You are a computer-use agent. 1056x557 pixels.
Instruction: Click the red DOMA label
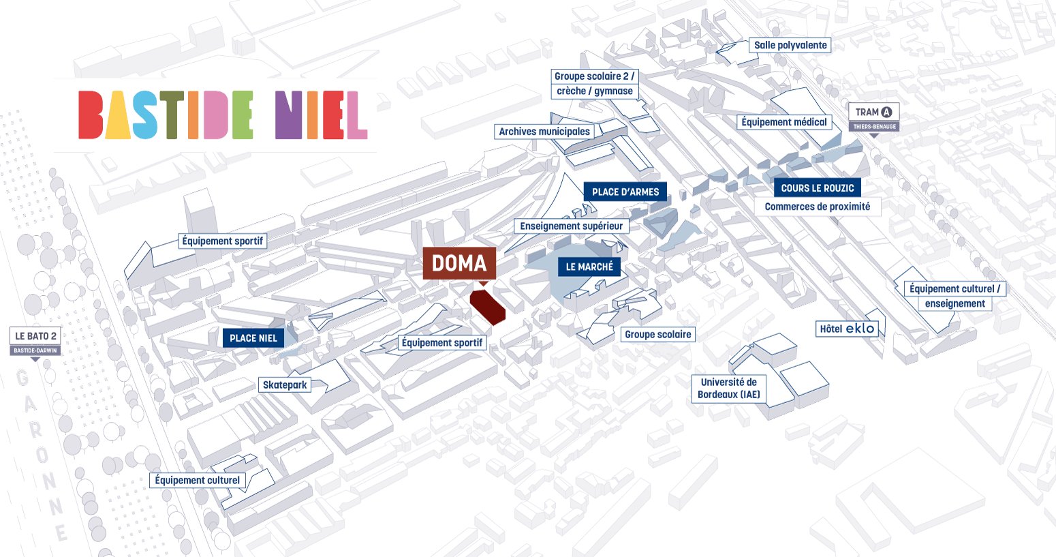tap(459, 263)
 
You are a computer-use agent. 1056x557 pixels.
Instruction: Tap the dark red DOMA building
tap(487, 307)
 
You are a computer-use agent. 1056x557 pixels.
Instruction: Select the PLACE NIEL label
tap(253, 338)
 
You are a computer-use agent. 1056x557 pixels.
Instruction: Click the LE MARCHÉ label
tap(589, 267)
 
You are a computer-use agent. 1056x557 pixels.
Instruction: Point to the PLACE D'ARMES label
tap(625, 192)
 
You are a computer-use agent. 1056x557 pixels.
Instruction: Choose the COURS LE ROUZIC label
tap(818, 187)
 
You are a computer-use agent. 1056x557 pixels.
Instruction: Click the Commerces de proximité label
tap(818, 207)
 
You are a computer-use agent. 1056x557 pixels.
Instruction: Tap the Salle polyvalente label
tap(790, 45)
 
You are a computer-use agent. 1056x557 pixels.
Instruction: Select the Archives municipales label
tap(544, 132)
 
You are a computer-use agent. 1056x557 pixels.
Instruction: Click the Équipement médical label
tap(784, 122)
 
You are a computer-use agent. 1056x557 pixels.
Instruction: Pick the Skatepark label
tap(285, 385)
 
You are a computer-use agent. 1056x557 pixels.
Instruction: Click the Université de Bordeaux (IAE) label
tap(729, 389)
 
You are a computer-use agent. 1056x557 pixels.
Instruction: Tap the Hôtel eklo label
tap(847, 329)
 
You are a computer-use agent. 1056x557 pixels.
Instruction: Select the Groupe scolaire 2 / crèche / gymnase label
tap(595, 84)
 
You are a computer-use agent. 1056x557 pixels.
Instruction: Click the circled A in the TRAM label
tap(887, 112)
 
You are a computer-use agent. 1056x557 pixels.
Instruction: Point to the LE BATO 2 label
tap(35, 336)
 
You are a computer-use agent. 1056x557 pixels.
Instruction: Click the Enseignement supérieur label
tap(572, 226)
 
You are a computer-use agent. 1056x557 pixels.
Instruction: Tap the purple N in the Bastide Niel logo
tap(288, 115)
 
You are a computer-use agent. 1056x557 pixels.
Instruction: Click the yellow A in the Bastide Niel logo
tap(118, 115)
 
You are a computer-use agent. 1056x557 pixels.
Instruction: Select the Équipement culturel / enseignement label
tap(954, 296)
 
